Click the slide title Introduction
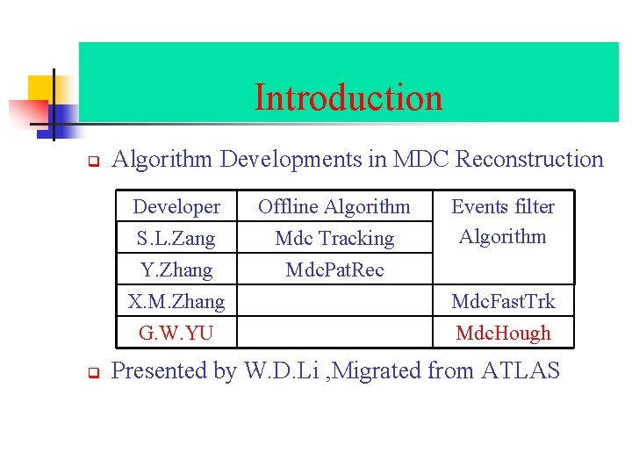coord(348,97)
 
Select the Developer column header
coord(176,207)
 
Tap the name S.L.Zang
coord(176,238)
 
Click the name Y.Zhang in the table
coord(176,269)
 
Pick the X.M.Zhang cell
coord(176,301)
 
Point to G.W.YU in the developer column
coord(176,333)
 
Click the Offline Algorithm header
coord(334,207)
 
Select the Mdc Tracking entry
coord(334,238)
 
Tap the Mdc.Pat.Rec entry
coord(334,269)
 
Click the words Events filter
coord(503,207)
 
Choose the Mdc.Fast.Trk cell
coord(503,301)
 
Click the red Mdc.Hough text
coord(503,333)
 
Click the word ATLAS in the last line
coord(521,370)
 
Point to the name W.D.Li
coord(274,370)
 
